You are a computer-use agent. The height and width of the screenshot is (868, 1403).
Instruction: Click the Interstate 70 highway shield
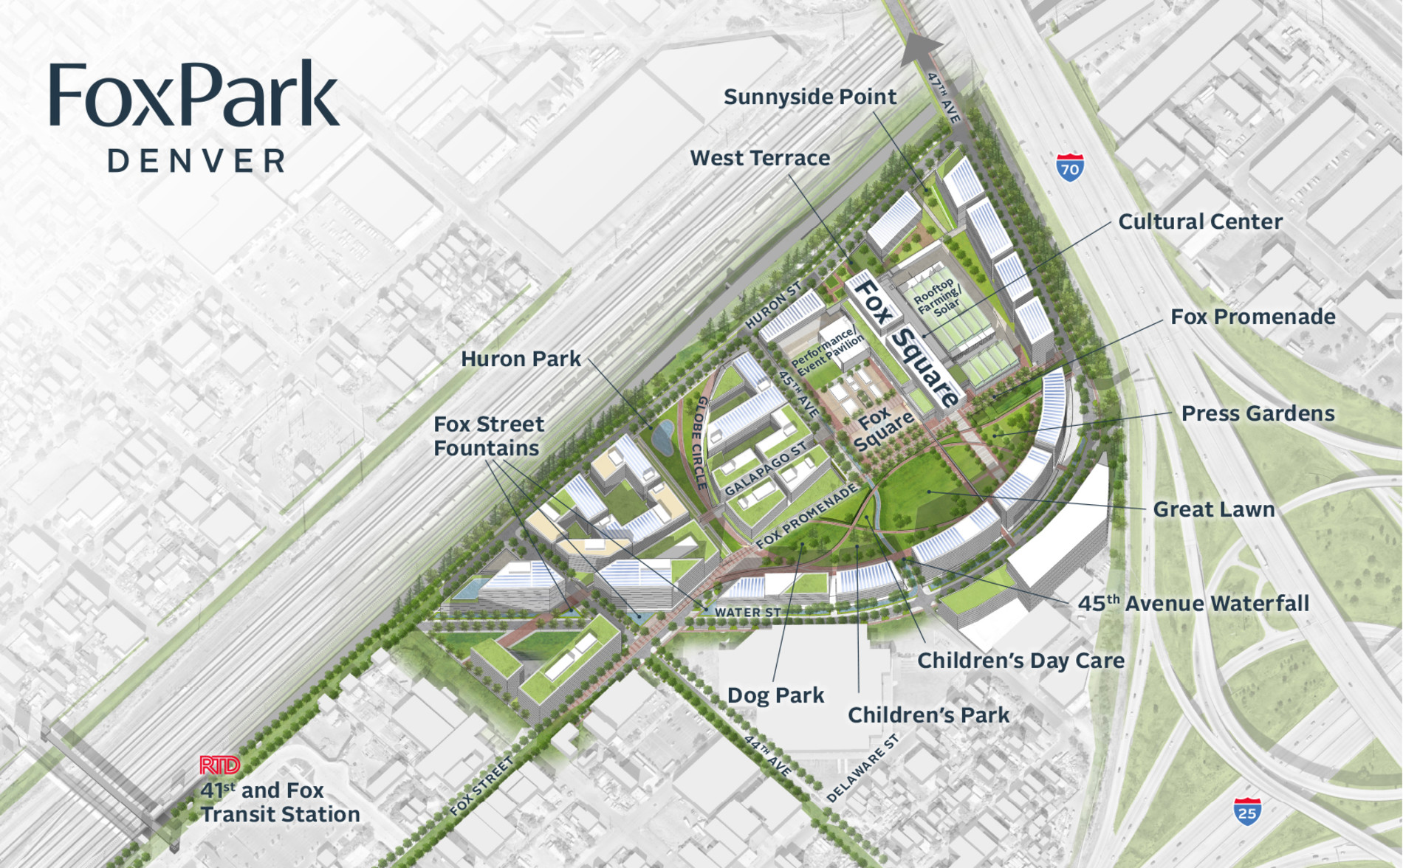pyautogui.click(x=1070, y=168)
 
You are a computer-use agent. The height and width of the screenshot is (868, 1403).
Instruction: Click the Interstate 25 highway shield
pyautogui.click(x=1247, y=811)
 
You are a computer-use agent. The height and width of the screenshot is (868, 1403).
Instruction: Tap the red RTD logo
pyautogui.click(x=219, y=765)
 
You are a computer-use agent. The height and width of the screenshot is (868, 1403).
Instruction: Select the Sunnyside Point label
pyautogui.click(x=809, y=97)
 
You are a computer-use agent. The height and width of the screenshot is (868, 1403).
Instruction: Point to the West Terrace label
pyautogui.click(x=759, y=158)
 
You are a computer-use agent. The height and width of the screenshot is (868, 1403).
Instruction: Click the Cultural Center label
pyautogui.click(x=1200, y=221)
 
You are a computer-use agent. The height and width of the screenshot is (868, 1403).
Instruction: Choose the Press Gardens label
pyautogui.click(x=1258, y=413)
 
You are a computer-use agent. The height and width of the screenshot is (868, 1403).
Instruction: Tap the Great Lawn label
pyautogui.click(x=1213, y=509)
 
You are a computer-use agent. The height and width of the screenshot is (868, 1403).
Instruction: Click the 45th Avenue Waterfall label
pyautogui.click(x=1193, y=604)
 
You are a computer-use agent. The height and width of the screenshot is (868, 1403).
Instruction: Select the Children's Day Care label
pyautogui.click(x=1020, y=661)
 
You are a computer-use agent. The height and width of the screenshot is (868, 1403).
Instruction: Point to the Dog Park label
pyautogui.click(x=775, y=695)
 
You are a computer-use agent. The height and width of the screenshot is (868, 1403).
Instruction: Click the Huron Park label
pyautogui.click(x=521, y=359)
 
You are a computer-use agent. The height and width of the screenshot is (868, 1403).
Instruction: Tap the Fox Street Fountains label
pyautogui.click(x=488, y=436)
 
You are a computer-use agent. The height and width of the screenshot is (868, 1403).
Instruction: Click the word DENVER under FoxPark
pyautogui.click(x=196, y=161)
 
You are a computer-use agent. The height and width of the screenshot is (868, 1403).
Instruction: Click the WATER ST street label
pyautogui.click(x=747, y=612)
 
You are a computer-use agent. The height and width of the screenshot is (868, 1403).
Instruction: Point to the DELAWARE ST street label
pyautogui.click(x=862, y=768)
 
